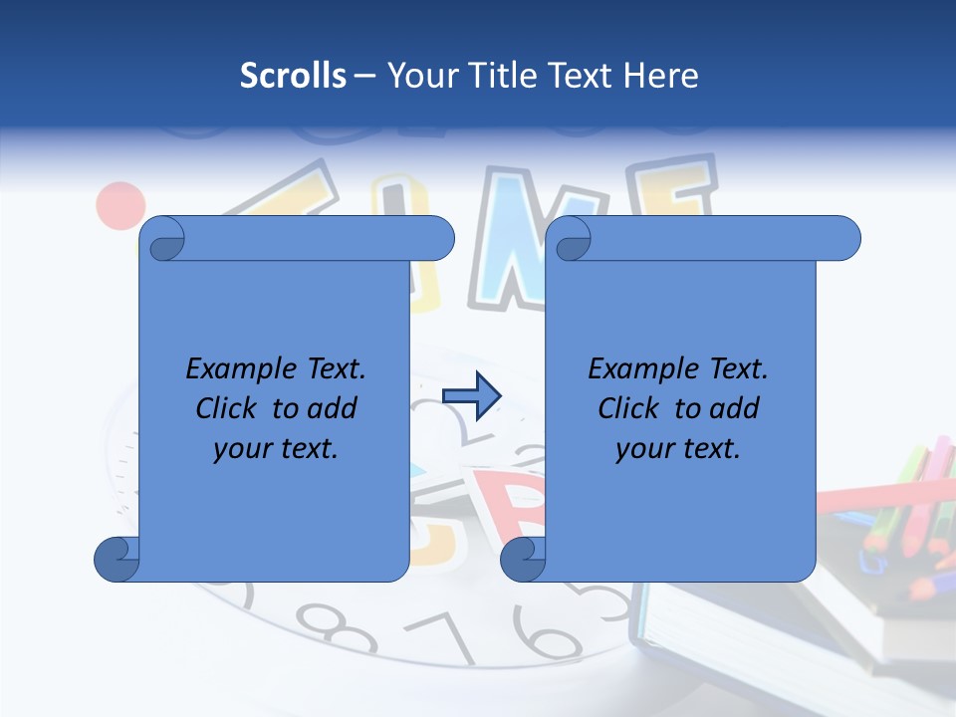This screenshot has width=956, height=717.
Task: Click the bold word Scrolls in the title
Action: (x=293, y=76)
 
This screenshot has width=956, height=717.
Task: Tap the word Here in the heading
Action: (x=660, y=76)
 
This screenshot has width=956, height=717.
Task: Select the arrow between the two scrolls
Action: (x=471, y=396)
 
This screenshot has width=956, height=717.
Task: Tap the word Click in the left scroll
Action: (x=227, y=408)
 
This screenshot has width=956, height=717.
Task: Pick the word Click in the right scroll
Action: (x=629, y=408)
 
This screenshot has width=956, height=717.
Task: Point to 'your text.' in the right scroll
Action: (x=678, y=449)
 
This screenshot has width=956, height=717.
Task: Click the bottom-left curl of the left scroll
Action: (x=117, y=560)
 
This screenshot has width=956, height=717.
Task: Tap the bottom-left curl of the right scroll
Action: (x=523, y=560)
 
